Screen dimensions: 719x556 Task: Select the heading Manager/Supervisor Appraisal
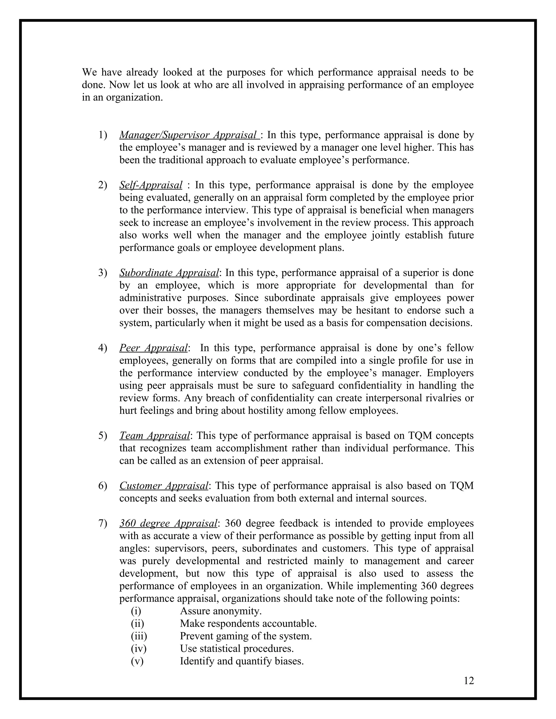[x=188, y=135]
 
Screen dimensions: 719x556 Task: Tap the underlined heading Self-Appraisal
[x=150, y=185]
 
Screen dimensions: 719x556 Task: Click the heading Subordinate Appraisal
[x=169, y=273]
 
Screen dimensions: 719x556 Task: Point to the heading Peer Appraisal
[x=153, y=348]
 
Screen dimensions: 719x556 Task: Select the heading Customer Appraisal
[x=164, y=486]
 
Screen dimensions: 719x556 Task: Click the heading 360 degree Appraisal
[x=168, y=523]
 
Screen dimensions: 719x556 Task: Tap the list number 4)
[x=102, y=348]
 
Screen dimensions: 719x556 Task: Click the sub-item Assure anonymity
[x=220, y=611]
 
